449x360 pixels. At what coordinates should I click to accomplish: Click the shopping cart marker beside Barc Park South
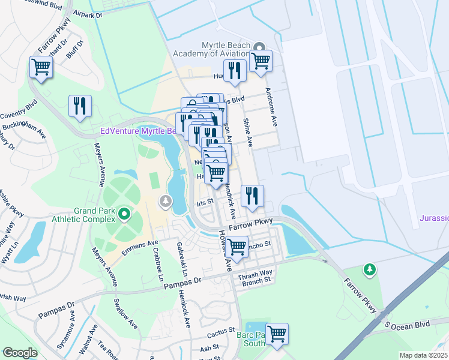coord(277,334)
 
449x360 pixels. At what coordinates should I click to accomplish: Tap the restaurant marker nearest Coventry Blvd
coord(80,106)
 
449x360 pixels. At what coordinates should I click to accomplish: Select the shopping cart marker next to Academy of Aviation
coord(261,60)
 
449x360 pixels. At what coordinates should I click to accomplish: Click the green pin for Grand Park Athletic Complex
coord(124,214)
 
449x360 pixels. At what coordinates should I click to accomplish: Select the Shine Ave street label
coord(247,132)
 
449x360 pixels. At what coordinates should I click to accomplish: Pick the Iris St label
coord(205,203)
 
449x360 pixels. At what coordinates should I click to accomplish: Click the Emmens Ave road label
coord(139,246)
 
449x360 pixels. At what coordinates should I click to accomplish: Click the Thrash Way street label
coord(255,273)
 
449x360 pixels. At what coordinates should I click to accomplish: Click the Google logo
coord(20,353)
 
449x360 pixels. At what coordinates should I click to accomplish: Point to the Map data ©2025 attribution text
coord(423,355)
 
